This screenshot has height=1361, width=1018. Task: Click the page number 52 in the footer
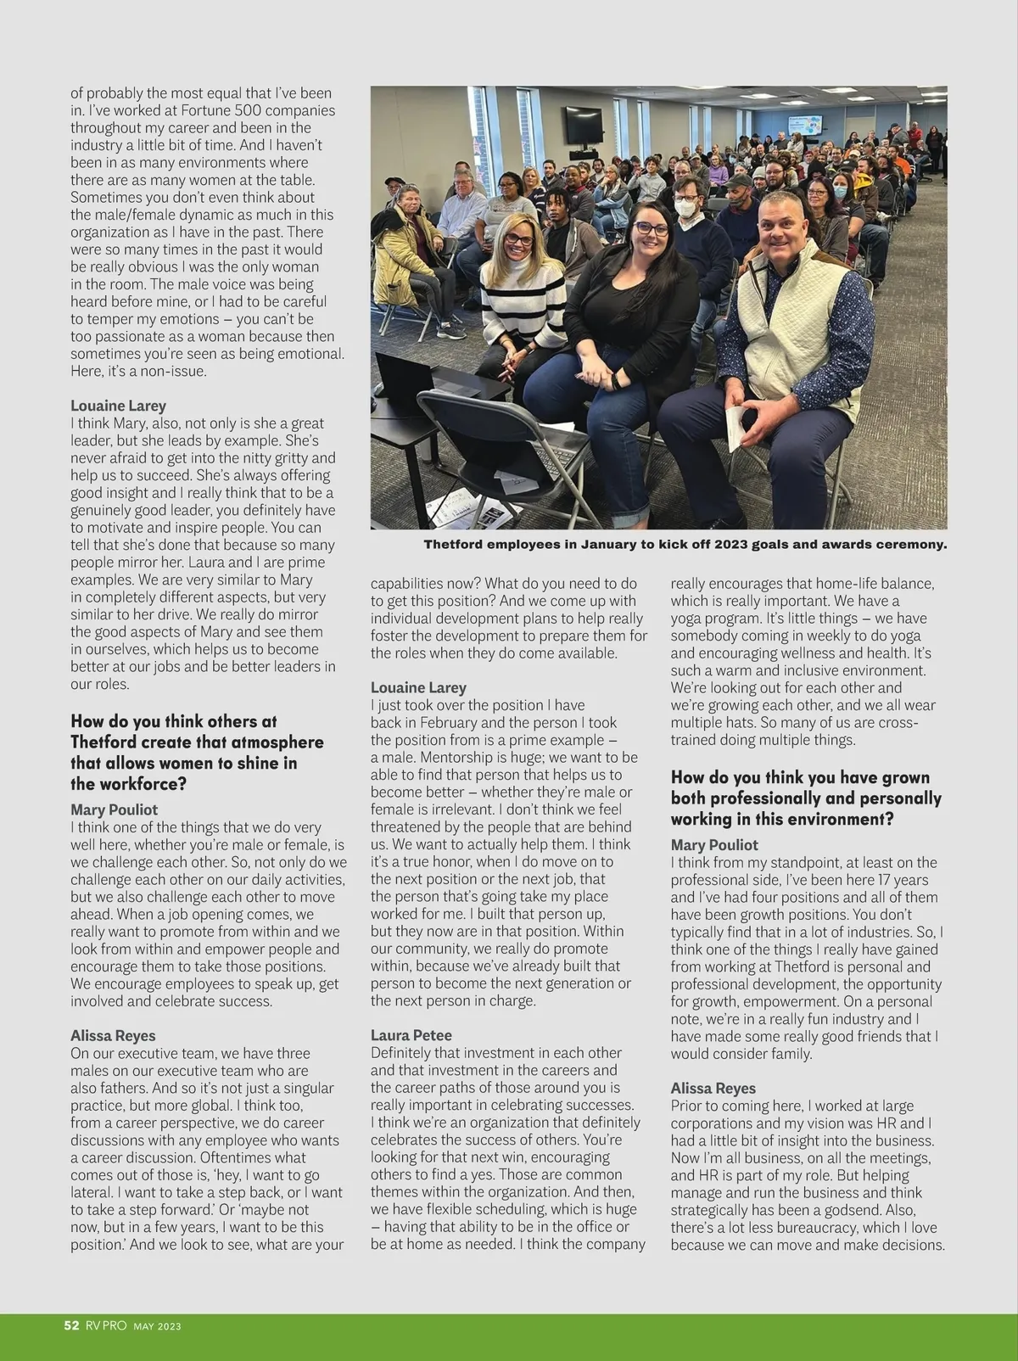(71, 1325)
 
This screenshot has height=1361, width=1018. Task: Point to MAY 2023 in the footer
(157, 1326)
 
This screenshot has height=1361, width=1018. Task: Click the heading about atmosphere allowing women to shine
(197, 752)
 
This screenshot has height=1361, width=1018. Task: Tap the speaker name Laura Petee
(411, 1035)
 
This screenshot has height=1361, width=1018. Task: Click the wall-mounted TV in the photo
(584, 125)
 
